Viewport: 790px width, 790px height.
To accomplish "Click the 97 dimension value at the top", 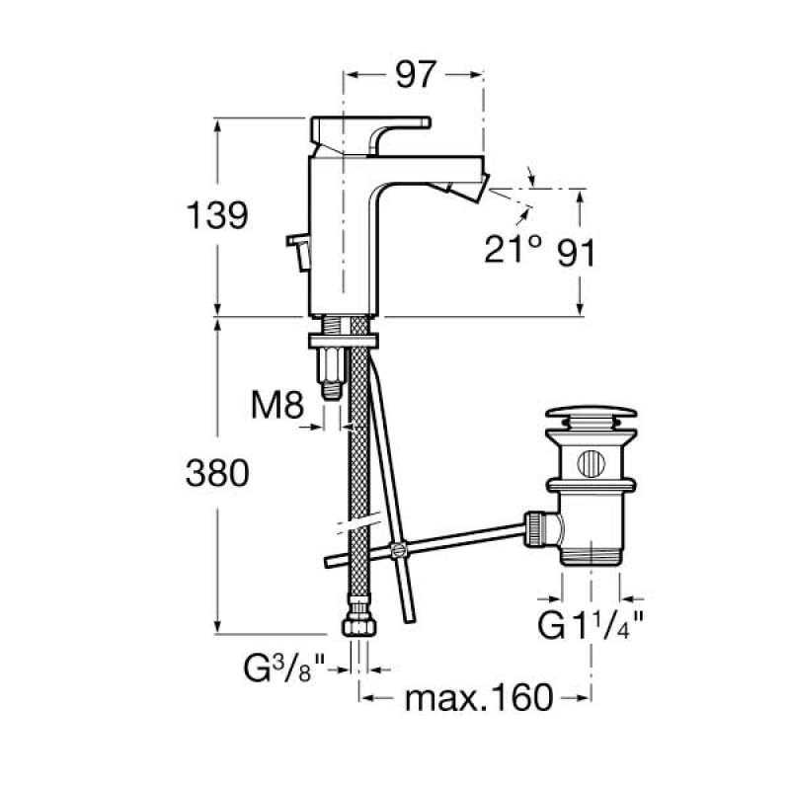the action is point(415,75).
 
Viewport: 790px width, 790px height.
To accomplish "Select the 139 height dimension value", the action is point(217,215).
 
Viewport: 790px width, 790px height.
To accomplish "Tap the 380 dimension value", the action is point(217,474).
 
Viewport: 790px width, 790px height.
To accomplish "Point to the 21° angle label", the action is point(513,249).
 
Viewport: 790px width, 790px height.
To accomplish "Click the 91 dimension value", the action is point(577,253).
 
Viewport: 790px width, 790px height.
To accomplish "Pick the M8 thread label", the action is point(277,405).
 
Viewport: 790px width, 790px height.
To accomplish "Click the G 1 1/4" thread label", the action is point(591,625).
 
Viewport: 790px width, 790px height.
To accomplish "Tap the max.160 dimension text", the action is point(479,698).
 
